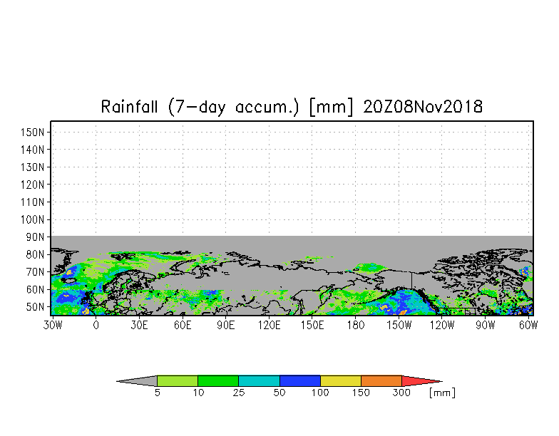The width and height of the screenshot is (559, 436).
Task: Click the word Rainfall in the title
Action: click(x=129, y=107)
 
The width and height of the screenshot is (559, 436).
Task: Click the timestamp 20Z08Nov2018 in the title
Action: click(x=423, y=107)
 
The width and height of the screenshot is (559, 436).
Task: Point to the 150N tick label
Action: click(x=33, y=133)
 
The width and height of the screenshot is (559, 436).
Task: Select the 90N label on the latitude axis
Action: click(x=35, y=237)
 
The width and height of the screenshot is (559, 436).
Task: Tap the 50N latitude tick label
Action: click(x=35, y=307)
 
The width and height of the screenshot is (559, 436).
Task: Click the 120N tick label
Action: click(x=33, y=185)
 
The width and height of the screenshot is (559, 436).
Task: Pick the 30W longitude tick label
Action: click(x=53, y=325)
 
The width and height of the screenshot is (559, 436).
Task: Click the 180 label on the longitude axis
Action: click(x=355, y=325)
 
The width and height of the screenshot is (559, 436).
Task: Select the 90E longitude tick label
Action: click(x=225, y=325)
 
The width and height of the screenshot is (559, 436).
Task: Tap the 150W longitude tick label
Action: click(x=399, y=325)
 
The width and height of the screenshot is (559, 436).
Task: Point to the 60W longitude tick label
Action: click(x=528, y=325)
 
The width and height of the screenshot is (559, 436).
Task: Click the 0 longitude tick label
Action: click(x=96, y=325)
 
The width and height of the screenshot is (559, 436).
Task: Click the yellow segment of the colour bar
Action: click(x=341, y=380)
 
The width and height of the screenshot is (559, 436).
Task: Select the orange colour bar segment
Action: click(x=381, y=380)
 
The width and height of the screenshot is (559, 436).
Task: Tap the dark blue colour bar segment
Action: click(x=299, y=380)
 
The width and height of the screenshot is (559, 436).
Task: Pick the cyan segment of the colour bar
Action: click(x=259, y=380)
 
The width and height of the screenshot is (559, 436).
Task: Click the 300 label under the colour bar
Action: click(x=401, y=393)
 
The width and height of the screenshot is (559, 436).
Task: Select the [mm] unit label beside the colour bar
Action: click(x=442, y=393)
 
